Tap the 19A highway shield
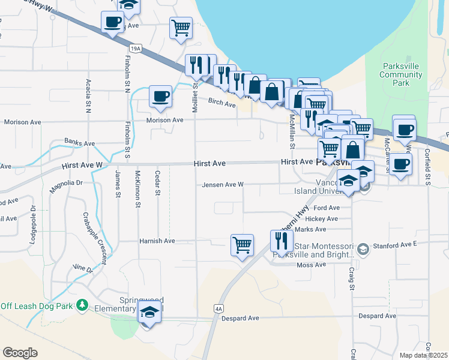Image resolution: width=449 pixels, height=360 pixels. [x=136, y=47]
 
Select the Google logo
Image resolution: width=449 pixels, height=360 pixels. [x=20, y=353]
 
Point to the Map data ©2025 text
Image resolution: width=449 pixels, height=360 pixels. [x=423, y=355]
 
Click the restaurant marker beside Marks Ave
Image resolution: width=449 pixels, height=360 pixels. [x=282, y=241]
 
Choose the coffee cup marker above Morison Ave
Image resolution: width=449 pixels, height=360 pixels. [x=160, y=97]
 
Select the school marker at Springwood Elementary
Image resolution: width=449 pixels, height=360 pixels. [x=149, y=312]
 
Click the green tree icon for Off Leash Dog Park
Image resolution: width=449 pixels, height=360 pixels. [x=82, y=307]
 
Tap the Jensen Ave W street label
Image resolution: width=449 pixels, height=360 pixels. [x=223, y=185]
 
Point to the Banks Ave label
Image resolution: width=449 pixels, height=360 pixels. [x=80, y=144]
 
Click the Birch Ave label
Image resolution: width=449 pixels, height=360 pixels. [x=221, y=103]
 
